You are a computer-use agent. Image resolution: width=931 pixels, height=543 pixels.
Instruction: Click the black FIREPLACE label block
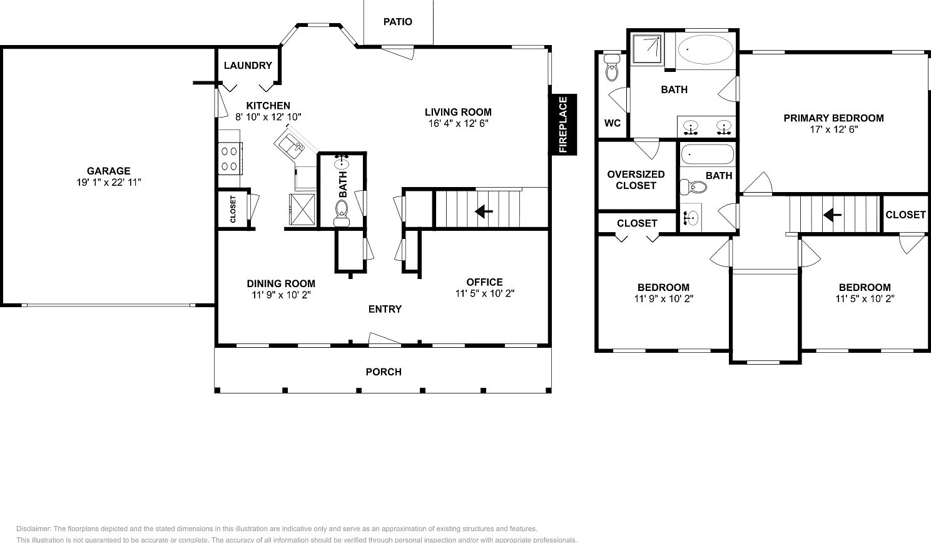pyautogui.click(x=563, y=124)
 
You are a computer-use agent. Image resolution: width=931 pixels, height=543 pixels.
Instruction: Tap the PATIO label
pyautogui.click(x=398, y=22)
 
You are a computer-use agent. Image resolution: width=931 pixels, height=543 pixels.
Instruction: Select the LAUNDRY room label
pyautogui.click(x=248, y=65)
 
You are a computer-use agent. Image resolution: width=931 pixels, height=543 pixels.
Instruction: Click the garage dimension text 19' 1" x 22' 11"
pyautogui.click(x=109, y=182)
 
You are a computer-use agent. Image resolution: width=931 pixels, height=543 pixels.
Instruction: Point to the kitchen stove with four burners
pyautogui.click(x=230, y=158)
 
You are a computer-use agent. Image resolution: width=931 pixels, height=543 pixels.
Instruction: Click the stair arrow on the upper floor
pyautogui.click(x=832, y=215)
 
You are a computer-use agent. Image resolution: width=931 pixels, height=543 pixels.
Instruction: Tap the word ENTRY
pyautogui.click(x=385, y=309)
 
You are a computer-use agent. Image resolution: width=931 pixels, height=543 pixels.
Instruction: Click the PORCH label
pyautogui.click(x=384, y=372)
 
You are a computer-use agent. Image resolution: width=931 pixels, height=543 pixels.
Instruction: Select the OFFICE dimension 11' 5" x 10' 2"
pyautogui.click(x=484, y=293)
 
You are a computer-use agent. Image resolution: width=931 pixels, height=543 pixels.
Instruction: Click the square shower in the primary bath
pyautogui.click(x=646, y=49)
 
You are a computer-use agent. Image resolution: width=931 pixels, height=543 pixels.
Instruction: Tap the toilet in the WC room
pyautogui.click(x=611, y=69)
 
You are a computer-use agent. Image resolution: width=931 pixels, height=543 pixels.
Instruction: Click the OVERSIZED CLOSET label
pyautogui.click(x=636, y=180)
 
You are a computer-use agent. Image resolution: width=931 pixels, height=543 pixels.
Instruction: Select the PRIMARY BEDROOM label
pyautogui.click(x=833, y=118)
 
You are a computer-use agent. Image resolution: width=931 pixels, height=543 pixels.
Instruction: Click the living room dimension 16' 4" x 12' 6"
pyautogui.click(x=458, y=123)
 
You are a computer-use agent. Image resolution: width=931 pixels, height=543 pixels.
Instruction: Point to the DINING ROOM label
pyautogui.click(x=281, y=283)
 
